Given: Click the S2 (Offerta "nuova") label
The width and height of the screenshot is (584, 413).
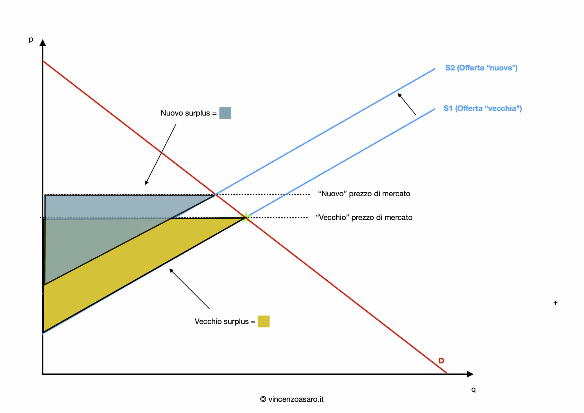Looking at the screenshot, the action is pyautogui.click(x=481, y=68).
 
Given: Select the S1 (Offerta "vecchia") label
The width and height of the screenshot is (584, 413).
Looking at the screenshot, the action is pyautogui.click(x=482, y=108).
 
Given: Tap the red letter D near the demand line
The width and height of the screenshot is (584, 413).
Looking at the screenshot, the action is pyautogui.click(x=441, y=360).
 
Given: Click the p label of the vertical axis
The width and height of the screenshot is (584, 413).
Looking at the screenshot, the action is pyautogui.click(x=31, y=40).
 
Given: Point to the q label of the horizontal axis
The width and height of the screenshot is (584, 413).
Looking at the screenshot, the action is pyautogui.click(x=473, y=389).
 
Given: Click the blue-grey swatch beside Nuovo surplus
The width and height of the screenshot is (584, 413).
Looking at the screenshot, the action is pyautogui.click(x=225, y=113).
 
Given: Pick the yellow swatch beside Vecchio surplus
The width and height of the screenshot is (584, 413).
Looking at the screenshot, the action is pyautogui.click(x=263, y=321).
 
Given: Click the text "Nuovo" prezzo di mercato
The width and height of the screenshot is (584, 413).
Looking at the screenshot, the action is pyautogui.click(x=364, y=194).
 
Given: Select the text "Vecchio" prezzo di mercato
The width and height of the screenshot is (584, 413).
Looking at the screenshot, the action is pyautogui.click(x=364, y=217).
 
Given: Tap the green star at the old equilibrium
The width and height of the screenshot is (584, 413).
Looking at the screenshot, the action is pyautogui.click(x=246, y=217).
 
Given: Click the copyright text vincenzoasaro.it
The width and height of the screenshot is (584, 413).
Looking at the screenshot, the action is pyautogui.click(x=292, y=399).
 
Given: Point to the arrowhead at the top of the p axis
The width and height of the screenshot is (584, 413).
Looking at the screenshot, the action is pyautogui.click(x=43, y=42).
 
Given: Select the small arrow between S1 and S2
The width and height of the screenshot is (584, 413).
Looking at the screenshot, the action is pyautogui.click(x=407, y=104).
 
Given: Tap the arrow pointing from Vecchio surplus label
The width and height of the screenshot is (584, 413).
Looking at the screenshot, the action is pyautogui.click(x=190, y=289).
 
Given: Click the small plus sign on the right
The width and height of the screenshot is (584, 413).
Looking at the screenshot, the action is pyautogui.click(x=555, y=303).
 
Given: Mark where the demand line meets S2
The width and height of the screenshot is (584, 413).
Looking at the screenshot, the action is pyautogui.click(x=215, y=195).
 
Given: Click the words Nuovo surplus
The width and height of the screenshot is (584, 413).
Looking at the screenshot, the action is pyautogui.click(x=185, y=113).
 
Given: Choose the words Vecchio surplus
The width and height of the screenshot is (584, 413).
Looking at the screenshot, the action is pyautogui.click(x=222, y=321).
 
